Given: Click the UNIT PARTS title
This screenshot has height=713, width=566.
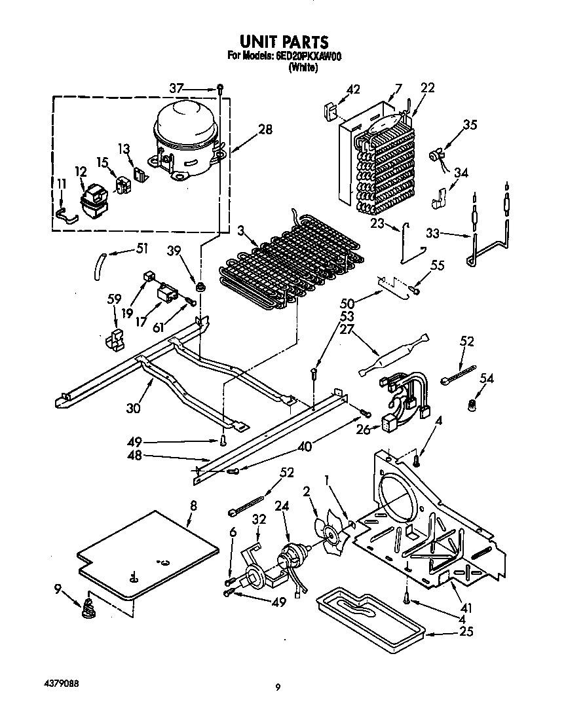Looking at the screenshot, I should tap(282, 43).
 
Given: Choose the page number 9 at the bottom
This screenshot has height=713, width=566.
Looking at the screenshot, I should tap(278, 687).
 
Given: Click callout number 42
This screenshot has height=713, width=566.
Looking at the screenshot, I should tap(353, 90).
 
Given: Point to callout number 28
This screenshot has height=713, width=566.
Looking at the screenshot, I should tap(264, 129).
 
